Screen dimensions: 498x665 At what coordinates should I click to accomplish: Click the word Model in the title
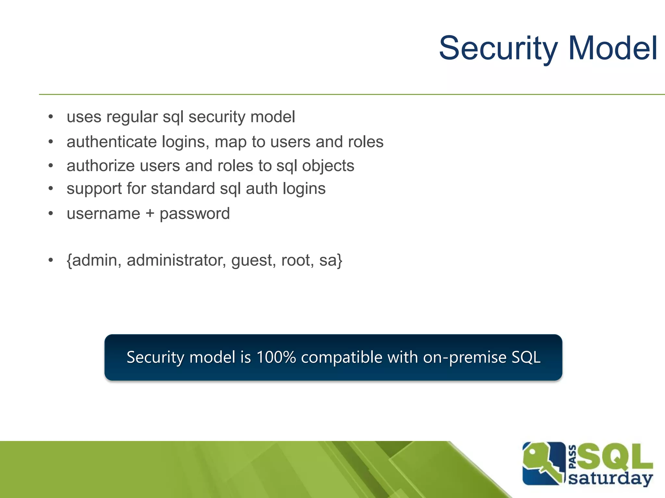coord(613,49)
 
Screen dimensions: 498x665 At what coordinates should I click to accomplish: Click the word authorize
coord(100,166)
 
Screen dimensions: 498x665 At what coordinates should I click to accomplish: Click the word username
coord(103,214)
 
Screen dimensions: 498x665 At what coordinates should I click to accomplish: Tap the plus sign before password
coord(150,214)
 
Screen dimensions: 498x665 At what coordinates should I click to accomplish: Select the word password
coord(194,214)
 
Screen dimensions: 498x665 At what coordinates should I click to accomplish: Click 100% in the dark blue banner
coord(276,357)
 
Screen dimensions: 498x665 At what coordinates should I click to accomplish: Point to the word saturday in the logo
coord(610,479)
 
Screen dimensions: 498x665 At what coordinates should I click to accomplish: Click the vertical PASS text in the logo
coord(573,457)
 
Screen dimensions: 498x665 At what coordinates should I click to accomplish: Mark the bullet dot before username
coord(51,214)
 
